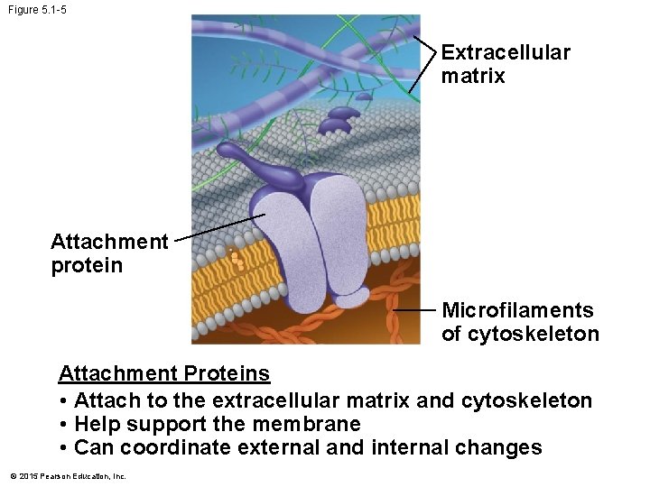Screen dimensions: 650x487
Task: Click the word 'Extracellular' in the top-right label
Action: (x=506, y=52)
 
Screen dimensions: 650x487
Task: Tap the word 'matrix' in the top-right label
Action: (x=473, y=76)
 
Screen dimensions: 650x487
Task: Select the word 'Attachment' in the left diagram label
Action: (x=109, y=242)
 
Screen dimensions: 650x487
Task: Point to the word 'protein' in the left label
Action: (x=87, y=266)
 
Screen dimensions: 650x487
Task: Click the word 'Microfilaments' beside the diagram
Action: (x=517, y=310)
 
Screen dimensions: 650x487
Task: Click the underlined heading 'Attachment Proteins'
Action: (x=163, y=373)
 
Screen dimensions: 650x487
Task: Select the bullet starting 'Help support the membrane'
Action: (x=217, y=424)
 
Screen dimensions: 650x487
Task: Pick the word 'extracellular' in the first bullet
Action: (x=265, y=400)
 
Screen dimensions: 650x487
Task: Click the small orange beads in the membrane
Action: (x=237, y=261)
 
